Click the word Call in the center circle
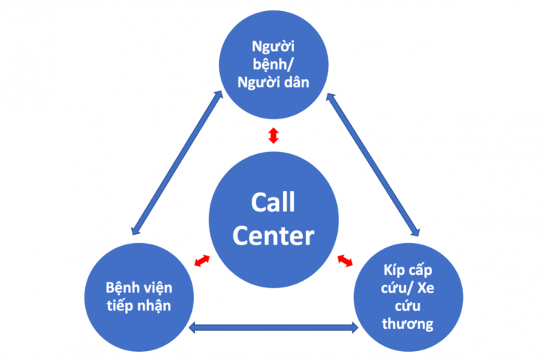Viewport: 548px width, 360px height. click(x=273, y=202)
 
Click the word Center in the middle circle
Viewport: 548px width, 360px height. click(x=273, y=236)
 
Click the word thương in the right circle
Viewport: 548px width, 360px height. click(x=409, y=324)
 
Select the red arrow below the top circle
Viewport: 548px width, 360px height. click(x=273, y=136)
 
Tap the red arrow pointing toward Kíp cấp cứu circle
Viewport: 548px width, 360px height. click(x=346, y=260)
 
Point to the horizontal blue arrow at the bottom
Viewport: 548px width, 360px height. click(x=273, y=327)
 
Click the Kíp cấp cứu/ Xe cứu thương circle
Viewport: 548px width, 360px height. click(x=409, y=296)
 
